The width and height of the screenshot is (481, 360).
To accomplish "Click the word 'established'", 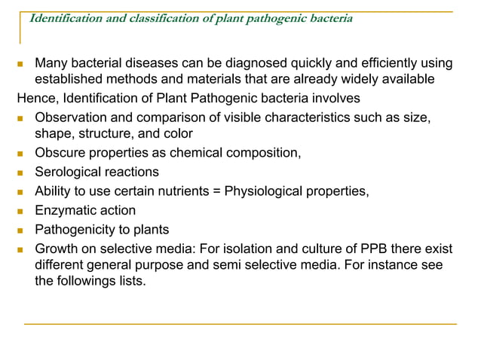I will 69,79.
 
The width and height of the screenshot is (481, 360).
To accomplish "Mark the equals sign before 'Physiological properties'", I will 216,191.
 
